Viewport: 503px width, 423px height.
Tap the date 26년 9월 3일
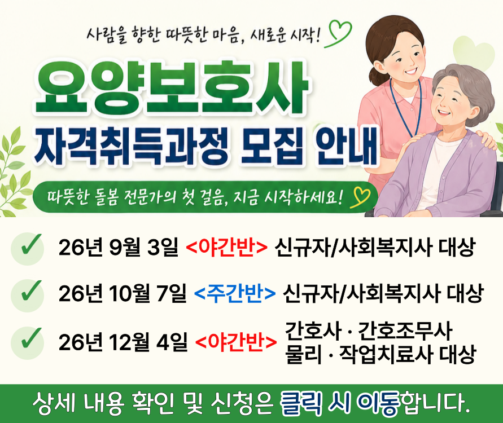pos(118,248)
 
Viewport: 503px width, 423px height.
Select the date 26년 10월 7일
pos(122,293)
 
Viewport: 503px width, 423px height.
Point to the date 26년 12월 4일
pos(123,342)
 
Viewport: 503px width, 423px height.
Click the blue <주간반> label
pos(235,293)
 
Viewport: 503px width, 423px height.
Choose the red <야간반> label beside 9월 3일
pos(226,248)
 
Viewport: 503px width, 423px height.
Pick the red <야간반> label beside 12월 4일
pos(236,342)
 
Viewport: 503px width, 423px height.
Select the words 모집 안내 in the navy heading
pos(309,146)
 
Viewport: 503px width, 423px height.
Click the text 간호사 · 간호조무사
pos(368,331)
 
